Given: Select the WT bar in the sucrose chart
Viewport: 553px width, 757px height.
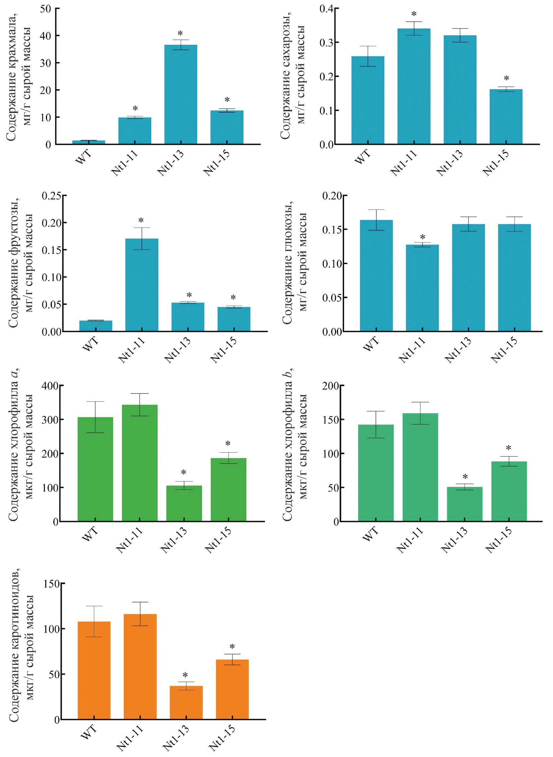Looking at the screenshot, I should click(368, 101).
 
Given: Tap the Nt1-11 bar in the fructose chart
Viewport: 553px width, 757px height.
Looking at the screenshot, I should click(142, 285).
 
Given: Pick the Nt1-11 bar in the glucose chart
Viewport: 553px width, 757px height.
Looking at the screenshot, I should click(422, 288).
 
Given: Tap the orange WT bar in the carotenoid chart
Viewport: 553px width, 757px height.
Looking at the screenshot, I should click(94, 670).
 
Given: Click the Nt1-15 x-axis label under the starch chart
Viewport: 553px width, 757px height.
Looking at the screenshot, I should click(217, 163).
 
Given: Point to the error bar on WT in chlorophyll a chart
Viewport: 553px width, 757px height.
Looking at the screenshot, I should click(95, 417).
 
